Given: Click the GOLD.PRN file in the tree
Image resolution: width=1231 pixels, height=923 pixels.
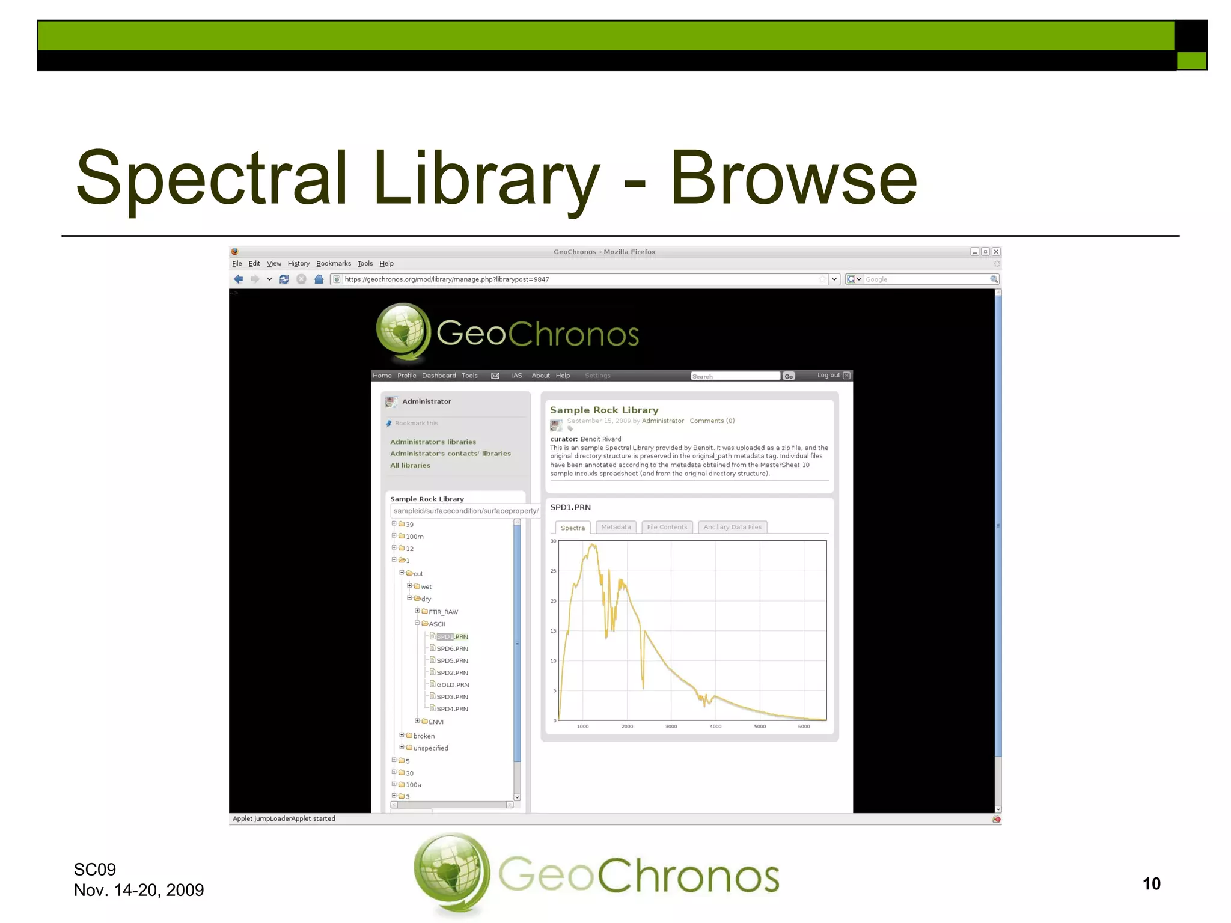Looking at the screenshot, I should pos(452,685).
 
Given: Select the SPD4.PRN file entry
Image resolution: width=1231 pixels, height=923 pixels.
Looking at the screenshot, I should pos(452,709).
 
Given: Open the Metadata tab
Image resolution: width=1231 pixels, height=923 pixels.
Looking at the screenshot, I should pos(615,527).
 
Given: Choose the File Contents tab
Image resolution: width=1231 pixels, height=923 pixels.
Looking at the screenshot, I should pos(667,527).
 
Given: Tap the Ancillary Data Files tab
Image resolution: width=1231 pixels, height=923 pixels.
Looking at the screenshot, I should pos(732,527).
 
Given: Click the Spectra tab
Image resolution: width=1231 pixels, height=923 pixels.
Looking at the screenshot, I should pos(572,528).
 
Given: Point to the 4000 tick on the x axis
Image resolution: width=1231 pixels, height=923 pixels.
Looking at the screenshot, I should pos(715,727).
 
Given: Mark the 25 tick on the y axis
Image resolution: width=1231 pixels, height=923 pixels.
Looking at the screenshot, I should pos(553,571).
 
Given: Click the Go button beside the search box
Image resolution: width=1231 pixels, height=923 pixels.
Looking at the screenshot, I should pos(789,376).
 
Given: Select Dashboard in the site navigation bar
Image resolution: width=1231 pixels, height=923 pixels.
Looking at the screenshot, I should pos(439,376).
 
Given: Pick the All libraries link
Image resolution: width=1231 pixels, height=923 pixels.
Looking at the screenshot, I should pos(410,465).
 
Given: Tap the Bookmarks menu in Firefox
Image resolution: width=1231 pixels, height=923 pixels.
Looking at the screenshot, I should pos(334,263).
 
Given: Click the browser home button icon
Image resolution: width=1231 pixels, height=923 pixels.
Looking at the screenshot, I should pos(319,279).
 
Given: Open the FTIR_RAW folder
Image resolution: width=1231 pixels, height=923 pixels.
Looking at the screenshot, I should pos(443,612).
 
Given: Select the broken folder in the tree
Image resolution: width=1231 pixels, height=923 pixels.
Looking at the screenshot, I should pos(424,736).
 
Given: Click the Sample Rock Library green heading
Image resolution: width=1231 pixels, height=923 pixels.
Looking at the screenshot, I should pos(604,410).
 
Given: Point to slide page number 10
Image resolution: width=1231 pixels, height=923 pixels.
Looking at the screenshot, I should pos(1151,883).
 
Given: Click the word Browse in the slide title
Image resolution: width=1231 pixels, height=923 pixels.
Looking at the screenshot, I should pos(793,177).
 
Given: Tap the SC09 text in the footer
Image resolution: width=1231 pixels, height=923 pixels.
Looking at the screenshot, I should pos(94,869).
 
